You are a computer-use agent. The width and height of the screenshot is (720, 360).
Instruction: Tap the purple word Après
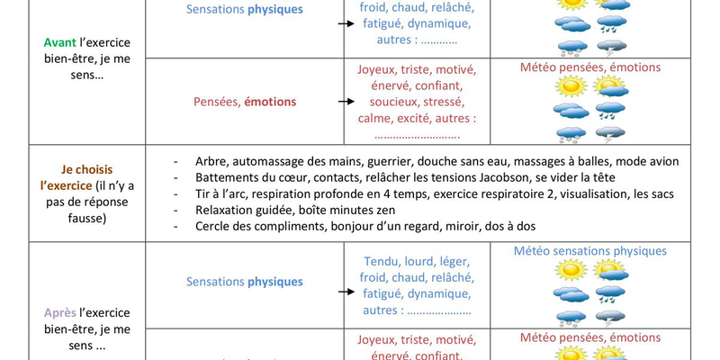tap(59, 313)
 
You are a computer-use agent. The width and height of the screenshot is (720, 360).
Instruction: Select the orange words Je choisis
tap(86, 169)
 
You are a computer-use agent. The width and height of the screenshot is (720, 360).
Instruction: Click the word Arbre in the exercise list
tap(211, 161)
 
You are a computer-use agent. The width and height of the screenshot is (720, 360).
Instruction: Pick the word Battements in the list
tap(227, 177)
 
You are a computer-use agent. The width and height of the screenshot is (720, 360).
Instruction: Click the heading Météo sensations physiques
tap(590, 251)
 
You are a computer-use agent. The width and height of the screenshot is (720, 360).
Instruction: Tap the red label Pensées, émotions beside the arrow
tap(245, 102)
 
